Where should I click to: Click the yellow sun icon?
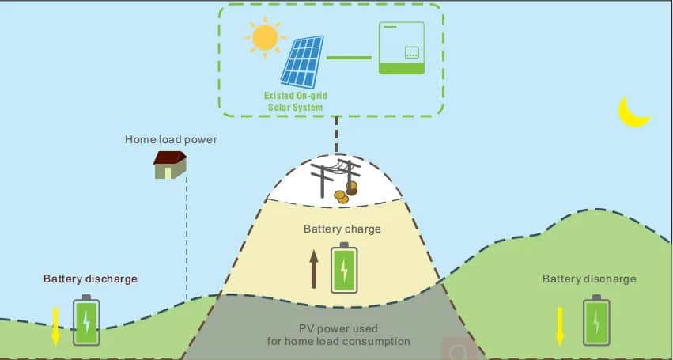[264, 37]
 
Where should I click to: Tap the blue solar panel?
[303, 61]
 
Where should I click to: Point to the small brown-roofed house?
[170, 165]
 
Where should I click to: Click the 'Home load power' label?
[171, 140]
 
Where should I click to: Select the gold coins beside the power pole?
[346, 191]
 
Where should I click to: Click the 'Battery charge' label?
[342, 229]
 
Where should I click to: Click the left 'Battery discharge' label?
[90, 279]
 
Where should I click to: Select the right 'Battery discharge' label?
[589, 279]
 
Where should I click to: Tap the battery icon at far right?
[596, 320]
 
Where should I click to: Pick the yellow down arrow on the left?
[55, 324]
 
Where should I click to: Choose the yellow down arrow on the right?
[560, 325]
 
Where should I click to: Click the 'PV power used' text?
[338, 328]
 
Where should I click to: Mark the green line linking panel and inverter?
[349, 57]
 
